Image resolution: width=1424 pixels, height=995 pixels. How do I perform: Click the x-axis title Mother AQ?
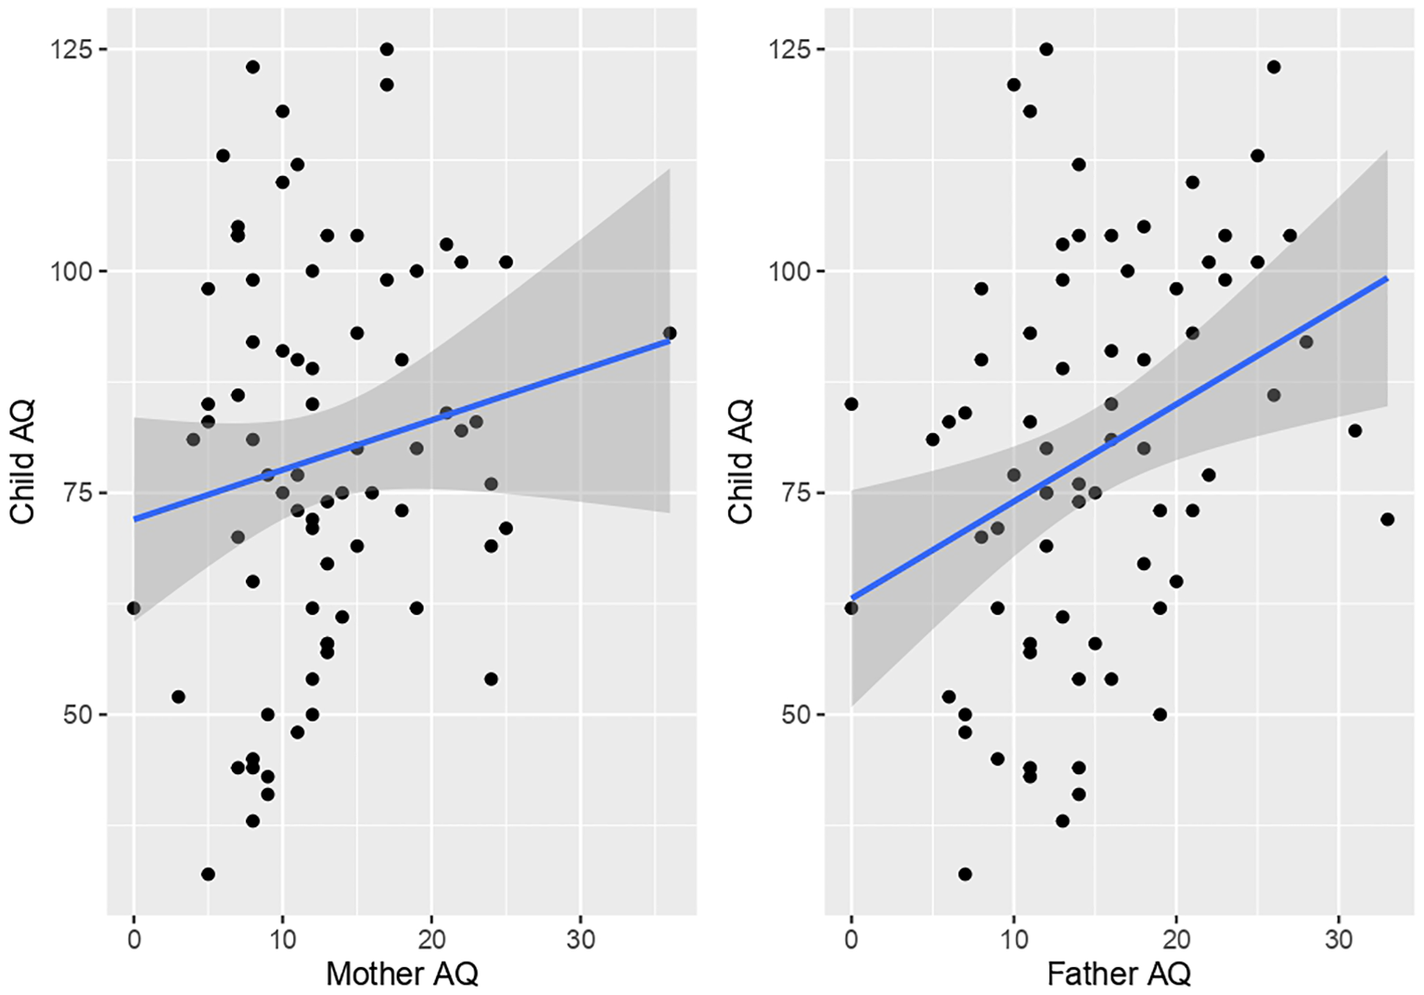tap(402, 973)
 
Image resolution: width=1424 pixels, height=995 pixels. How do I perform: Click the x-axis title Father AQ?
tap(1118, 973)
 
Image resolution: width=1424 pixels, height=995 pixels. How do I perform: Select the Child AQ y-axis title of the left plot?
tap(22, 462)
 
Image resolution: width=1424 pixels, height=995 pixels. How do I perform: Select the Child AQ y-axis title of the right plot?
tap(739, 462)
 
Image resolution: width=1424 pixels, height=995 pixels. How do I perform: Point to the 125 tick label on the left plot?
tap(71, 49)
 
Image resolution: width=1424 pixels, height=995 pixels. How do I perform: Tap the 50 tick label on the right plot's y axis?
tap(796, 715)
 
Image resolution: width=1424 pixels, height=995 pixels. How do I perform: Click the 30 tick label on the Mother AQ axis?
tap(580, 938)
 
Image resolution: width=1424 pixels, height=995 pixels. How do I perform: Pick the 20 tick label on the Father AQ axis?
tap(1175, 938)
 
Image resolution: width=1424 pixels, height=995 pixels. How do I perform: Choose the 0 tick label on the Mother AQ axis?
tap(135, 938)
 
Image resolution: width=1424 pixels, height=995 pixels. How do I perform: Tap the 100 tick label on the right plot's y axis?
tap(789, 272)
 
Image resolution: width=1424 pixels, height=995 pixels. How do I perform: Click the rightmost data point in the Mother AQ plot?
tap(669, 333)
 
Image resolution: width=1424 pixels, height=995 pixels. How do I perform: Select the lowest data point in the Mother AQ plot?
tap(208, 874)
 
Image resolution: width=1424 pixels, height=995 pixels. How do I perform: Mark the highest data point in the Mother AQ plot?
tap(387, 49)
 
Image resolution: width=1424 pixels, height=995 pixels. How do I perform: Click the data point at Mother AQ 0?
tap(134, 608)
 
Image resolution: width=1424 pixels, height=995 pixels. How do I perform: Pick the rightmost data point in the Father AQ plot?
tap(1387, 519)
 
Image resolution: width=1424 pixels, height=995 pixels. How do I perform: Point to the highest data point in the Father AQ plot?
tap(1046, 49)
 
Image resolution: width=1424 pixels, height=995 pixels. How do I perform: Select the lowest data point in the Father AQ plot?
tap(965, 874)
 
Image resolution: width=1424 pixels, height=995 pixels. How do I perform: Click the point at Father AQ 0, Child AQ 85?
tap(851, 404)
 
